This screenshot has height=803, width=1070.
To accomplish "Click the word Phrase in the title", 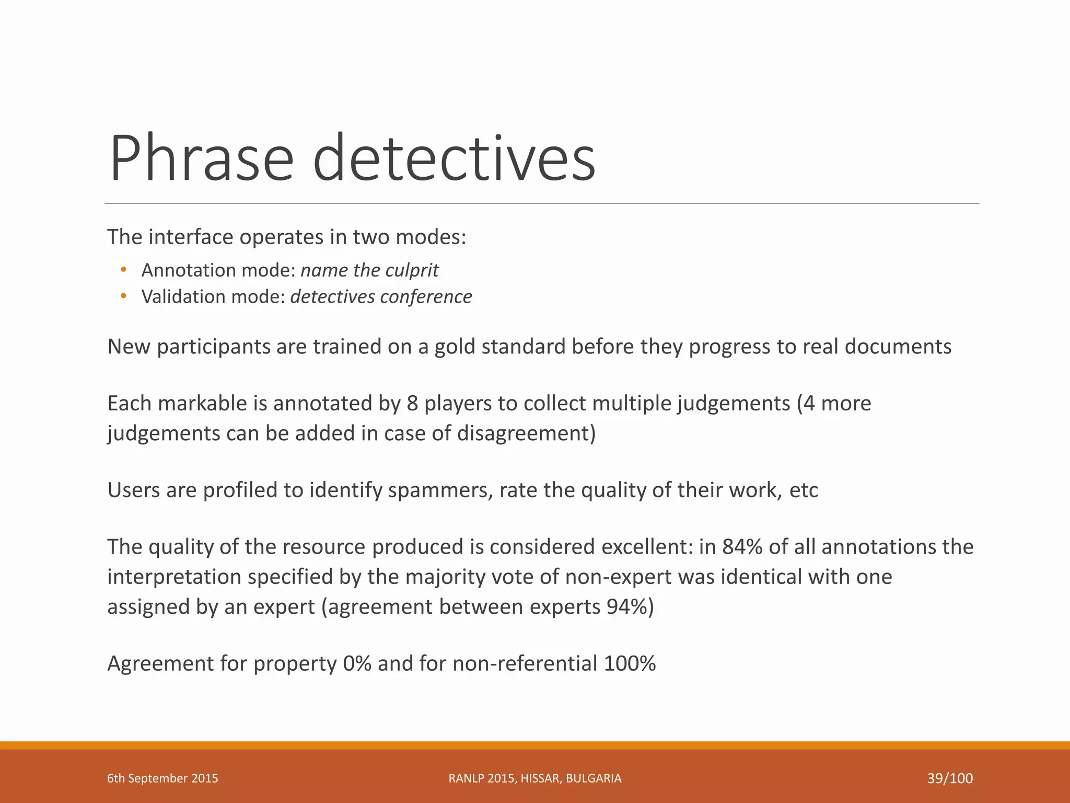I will pyautogui.click(x=202, y=158).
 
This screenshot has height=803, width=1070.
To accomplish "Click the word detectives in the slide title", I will pyautogui.click(x=454, y=158).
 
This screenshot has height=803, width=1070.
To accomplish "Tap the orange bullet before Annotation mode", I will pyautogui.click(x=123, y=270).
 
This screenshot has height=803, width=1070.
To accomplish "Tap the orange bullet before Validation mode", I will pyautogui.click(x=123, y=296).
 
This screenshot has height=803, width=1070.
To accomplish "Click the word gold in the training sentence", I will pyautogui.click(x=455, y=347).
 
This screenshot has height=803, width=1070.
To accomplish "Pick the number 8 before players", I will pyautogui.click(x=412, y=404).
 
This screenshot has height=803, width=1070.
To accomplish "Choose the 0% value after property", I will pyautogui.click(x=357, y=663).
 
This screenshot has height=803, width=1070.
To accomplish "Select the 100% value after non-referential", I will pyautogui.click(x=630, y=663).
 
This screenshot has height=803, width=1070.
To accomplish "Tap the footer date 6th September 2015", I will pyautogui.click(x=162, y=778).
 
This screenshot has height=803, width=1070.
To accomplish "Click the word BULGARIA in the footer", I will pyautogui.click(x=594, y=778).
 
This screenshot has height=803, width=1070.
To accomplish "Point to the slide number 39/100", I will pyautogui.click(x=950, y=778).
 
